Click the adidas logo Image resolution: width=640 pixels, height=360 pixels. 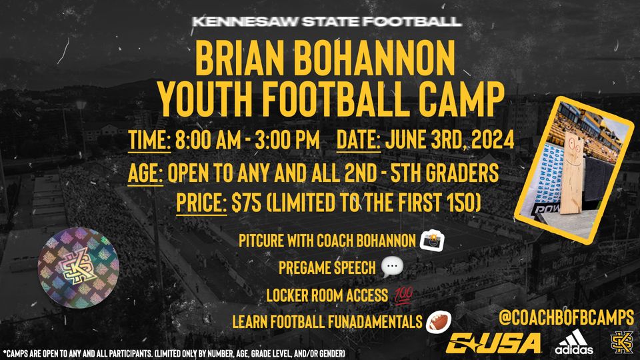click(x=574, y=343)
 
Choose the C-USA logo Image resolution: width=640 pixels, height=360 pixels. click(x=495, y=341)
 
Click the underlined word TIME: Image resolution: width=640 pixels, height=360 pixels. click(x=150, y=141)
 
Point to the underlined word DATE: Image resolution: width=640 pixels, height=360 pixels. click(x=358, y=141)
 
